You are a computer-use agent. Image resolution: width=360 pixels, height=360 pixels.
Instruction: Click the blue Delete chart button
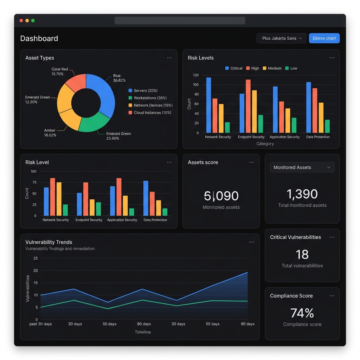[324, 38]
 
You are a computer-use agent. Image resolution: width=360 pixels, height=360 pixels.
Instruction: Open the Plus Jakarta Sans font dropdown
[282, 38]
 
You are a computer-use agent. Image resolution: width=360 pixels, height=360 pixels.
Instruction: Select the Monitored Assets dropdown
[302, 167]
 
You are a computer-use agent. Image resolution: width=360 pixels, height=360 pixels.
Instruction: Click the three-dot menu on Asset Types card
[169, 58]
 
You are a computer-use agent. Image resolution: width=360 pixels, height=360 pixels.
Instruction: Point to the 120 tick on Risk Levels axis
[196, 75]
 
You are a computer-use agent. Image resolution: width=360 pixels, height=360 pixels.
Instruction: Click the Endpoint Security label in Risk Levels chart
[251, 137]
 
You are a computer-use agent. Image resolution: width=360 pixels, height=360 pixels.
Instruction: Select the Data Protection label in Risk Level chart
[155, 220]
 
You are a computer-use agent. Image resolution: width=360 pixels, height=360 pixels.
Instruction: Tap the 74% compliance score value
[302, 313]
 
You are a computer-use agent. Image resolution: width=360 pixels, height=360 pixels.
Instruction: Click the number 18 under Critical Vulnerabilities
[302, 255]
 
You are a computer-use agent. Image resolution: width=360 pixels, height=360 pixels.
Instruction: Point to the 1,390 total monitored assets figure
[302, 194]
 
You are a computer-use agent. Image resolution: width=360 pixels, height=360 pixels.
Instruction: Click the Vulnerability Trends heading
[49, 242]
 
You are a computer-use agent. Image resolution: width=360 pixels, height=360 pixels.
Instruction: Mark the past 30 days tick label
[40, 324]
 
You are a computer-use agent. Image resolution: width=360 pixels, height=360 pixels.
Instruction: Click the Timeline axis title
[143, 332]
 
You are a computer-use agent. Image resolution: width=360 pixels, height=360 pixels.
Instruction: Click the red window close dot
[21, 21]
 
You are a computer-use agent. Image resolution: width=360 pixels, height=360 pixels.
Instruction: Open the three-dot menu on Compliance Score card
[332, 296]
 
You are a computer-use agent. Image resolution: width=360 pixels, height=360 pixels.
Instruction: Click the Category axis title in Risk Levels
[265, 144]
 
